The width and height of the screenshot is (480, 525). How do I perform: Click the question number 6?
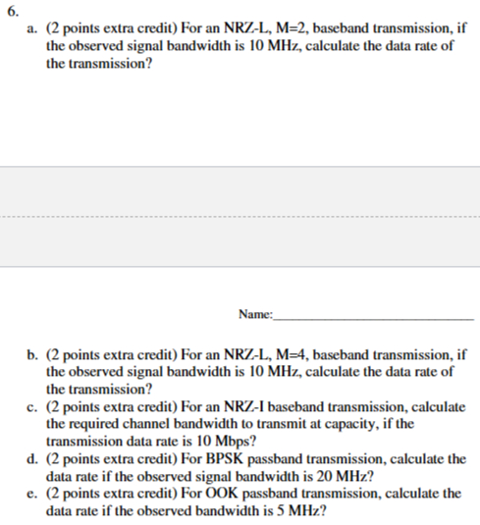click(x=11, y=13)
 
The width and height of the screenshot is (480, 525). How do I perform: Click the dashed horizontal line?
click(x=240, y=215)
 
